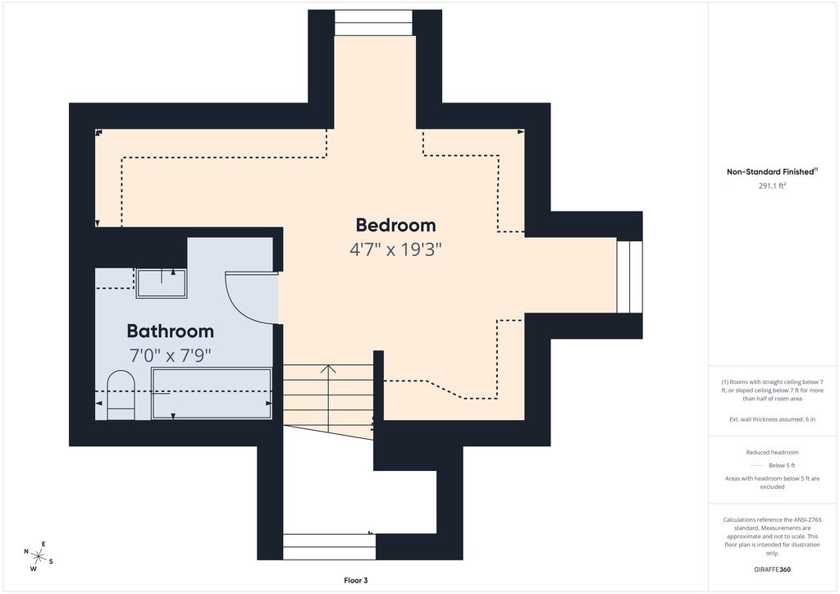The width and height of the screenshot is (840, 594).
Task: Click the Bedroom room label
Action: point(395,225)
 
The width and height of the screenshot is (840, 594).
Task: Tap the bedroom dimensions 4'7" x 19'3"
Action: point(395,249)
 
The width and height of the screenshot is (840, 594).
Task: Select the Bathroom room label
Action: point(171,331)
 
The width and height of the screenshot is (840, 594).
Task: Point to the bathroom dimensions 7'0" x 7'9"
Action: point(171,355)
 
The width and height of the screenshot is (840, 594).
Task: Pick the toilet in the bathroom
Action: point(121,395)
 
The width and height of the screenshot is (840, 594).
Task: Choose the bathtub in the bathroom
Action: point(212,393)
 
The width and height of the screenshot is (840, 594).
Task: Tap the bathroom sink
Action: point(162,283)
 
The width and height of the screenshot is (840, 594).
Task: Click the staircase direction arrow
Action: point(328,399)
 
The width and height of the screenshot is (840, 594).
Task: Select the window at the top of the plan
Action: point(374,22)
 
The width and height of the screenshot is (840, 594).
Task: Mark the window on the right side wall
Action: point(629,277)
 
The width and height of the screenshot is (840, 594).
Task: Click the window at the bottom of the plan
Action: point(330,547)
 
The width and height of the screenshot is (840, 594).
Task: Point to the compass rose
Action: point(38,556)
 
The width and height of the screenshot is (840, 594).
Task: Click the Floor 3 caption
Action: point(356,581)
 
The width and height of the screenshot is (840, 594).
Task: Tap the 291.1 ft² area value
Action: point(772,186)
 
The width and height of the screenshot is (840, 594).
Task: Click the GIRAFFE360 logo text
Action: point(772,569)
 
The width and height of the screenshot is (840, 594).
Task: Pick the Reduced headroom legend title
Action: point(772,453)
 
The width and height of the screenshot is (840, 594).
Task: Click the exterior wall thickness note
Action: point(772,419)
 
